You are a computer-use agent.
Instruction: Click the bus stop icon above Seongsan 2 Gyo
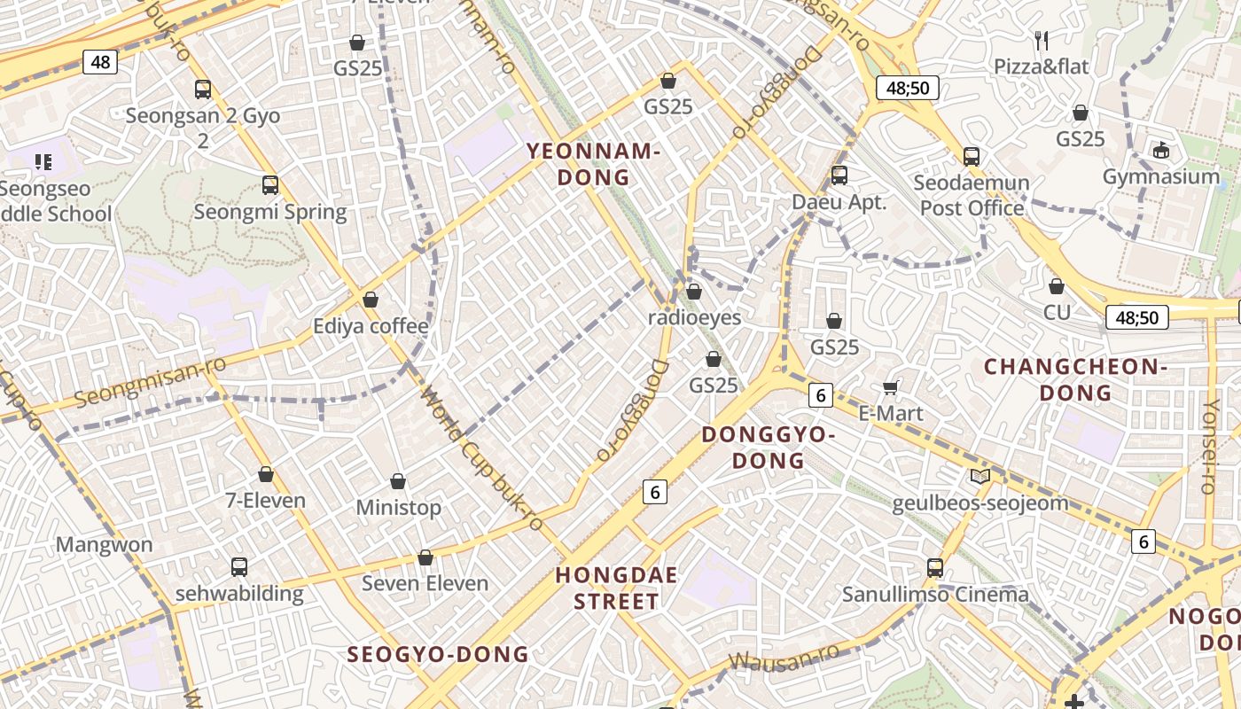[203, 89]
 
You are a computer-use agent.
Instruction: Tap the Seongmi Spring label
[270, 212]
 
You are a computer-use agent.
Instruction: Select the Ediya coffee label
[371, 326]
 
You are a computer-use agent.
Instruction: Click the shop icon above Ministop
[398, 481]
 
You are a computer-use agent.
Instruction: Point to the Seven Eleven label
[425, 583]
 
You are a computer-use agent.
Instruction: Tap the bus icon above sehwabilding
[238, 566]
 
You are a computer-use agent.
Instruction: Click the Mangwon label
[105, 544]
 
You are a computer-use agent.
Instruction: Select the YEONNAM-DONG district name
[594, 164]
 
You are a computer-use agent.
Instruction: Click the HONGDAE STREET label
[616, 588]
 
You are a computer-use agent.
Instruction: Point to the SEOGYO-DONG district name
[438, 654]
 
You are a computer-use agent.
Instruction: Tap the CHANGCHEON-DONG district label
[1075, 379]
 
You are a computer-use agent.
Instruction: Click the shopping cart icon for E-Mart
[891, 387]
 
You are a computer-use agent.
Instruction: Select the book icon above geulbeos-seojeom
[980, 477]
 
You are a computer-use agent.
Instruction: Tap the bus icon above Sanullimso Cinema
[935, 567]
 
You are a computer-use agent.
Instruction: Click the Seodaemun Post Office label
[972, 196]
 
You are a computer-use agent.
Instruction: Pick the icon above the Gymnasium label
[1161, 150]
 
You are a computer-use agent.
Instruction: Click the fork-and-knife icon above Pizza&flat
[1042, 40]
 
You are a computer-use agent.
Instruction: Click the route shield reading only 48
[100, 61]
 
